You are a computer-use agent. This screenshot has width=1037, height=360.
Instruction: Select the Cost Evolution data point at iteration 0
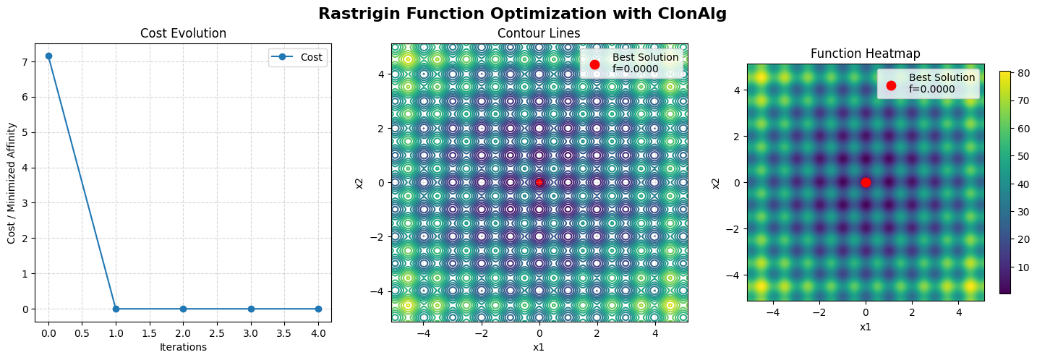click(x=48, y=56)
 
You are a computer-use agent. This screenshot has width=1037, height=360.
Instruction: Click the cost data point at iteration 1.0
click(x=116, y=309)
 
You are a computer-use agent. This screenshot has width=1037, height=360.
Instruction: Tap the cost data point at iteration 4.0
click(x=318, y=309)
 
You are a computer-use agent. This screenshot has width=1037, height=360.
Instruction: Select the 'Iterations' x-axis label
click(x=183, y=347)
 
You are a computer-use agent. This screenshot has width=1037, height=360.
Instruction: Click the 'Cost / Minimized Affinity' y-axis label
click(x=12, y=182)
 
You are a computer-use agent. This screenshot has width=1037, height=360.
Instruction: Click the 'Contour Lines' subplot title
click(x=539, y=33)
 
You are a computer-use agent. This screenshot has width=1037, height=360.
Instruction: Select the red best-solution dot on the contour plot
click(x=539, y=182)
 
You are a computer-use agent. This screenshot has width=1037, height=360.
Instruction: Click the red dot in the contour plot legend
click(x=594, y=64)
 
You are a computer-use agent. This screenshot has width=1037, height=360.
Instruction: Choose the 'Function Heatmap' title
click(x=866, y=53)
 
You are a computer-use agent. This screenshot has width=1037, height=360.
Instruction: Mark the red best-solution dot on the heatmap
click(x=866, y=182)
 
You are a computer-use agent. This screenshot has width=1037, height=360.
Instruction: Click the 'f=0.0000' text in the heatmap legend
click(x=931, y=90)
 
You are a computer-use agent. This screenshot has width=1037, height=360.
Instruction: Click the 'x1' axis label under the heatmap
click(x=866, y=327)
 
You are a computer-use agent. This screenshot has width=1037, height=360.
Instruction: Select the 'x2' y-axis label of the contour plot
click(x=359, y=182)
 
